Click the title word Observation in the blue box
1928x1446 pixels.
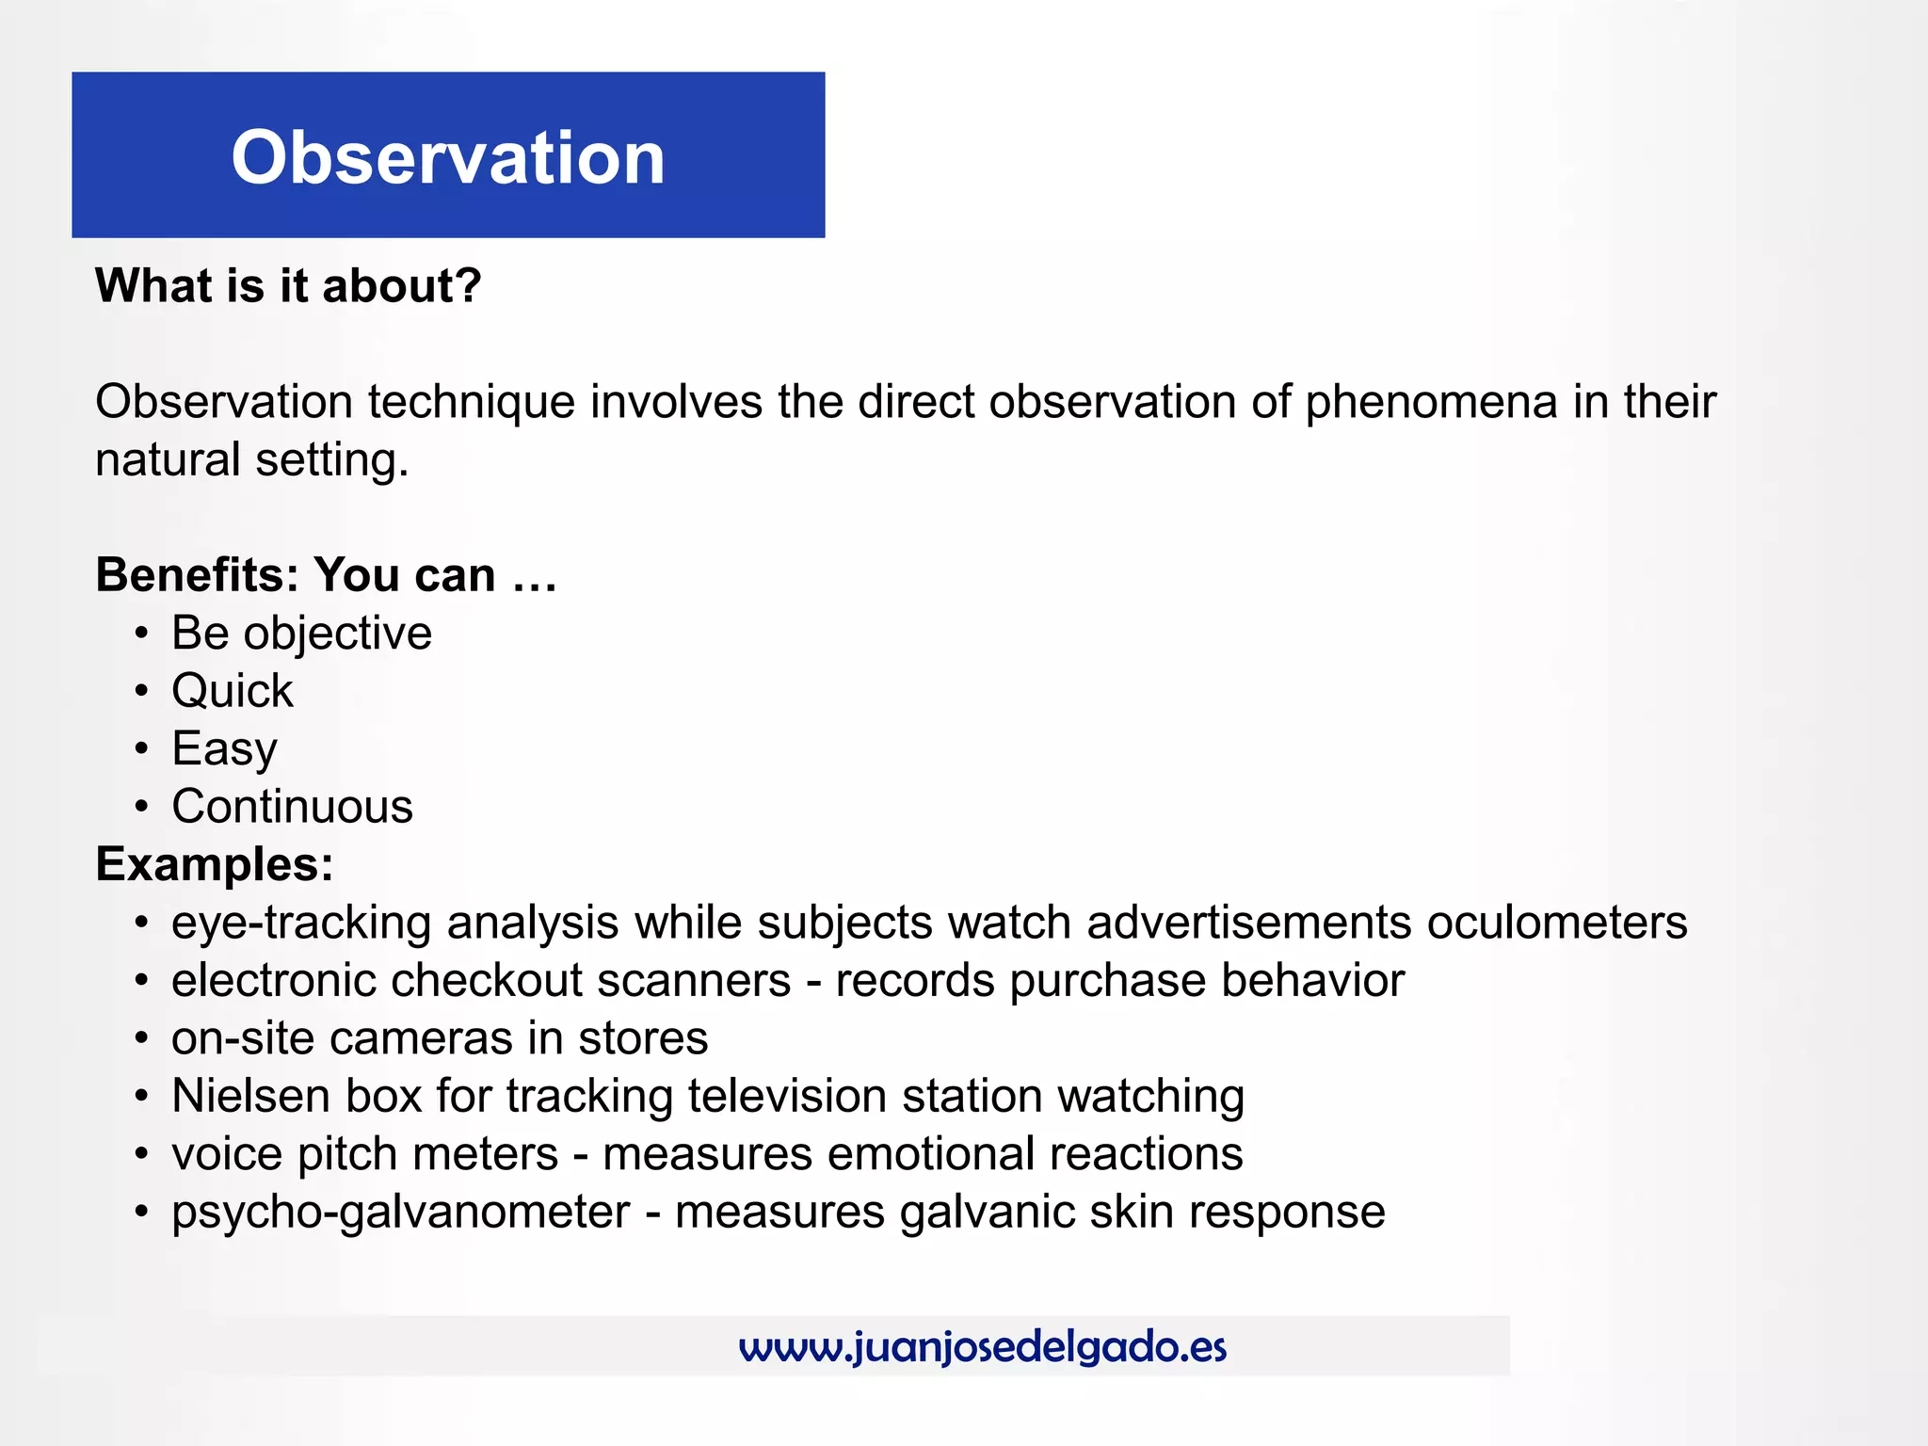pyautogui.click(x=448, y=157)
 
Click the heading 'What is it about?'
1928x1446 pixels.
pyautogui.click(x=288, y=285)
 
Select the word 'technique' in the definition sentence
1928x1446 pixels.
pyautogui.click(x=471, y=402)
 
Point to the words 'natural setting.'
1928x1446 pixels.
pyautogui.click(x=252, y=460)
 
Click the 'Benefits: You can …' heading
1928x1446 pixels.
pyautogui.click(x=326, y=574)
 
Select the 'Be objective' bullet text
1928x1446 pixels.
pyautogui.click(x=301, y=633)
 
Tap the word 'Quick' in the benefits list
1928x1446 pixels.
pyautogui.click(x=233, y=691)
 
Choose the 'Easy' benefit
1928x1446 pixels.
pyautogui.click(x=224, y=749)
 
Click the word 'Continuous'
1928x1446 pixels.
pyautogui.click(x=292, y=807)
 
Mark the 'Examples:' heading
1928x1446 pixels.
pyautogui.click(x=215, y=864)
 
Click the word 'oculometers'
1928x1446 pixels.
pyautogui.click(x=1557, y=923)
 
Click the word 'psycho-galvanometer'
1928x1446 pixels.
pyautogui.click(x=400, y=1213)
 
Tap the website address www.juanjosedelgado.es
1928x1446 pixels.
pyautogui.click(x=983, y=1347)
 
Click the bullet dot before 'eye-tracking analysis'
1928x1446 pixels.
pyautogui.click(x=141, y=923)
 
